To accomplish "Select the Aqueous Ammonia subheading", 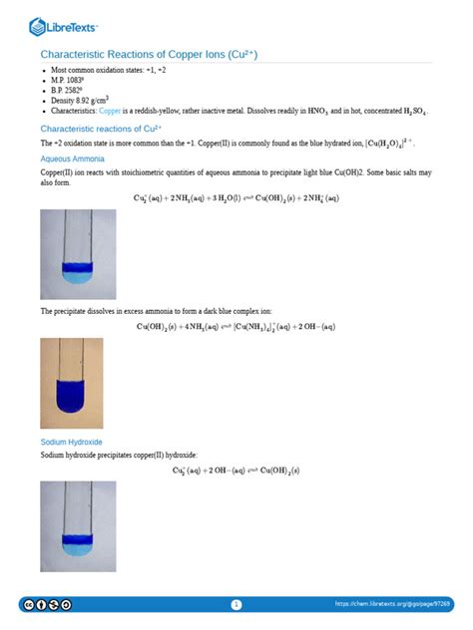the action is [73, 158].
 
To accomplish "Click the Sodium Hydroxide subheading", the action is [71, 442].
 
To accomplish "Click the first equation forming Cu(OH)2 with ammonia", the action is [236, 197].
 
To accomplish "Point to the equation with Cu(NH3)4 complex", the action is [236, 326].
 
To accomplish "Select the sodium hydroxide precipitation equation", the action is [236, 470].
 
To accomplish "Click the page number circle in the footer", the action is [236, 604].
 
